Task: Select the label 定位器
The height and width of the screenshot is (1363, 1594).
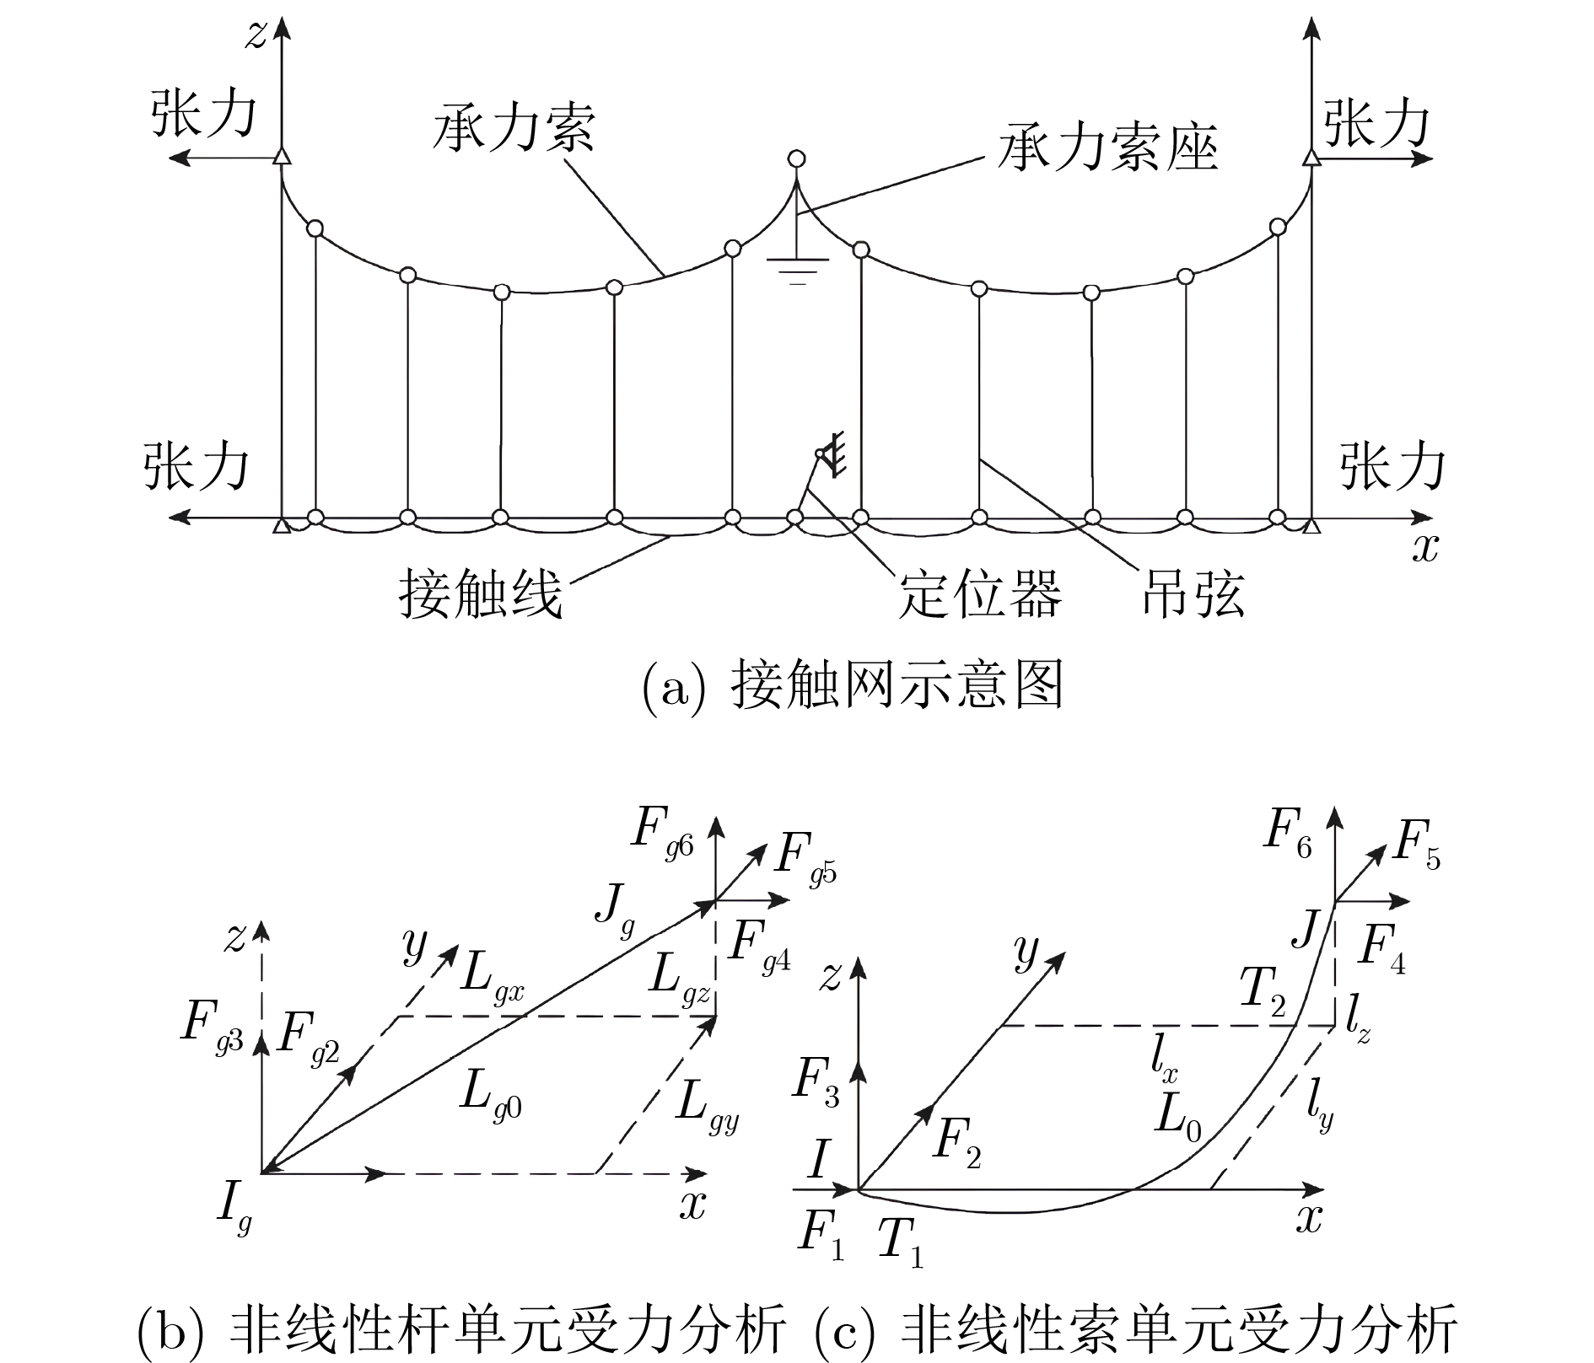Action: coord(979,594)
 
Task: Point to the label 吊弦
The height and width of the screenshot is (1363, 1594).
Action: coord(1193,594)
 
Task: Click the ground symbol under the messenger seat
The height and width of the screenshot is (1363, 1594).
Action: coord(797,270)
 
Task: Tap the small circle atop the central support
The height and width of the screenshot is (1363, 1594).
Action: coord(795,158)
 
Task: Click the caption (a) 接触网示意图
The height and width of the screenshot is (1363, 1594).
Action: coord(852,684)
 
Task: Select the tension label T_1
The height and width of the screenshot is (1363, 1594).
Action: coord(900,1243)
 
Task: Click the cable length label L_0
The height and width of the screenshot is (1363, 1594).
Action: coord(1177,1117)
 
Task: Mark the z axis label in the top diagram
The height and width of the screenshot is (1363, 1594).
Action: coord(256,35)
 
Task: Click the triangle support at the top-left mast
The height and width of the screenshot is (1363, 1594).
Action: coord(282,157)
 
